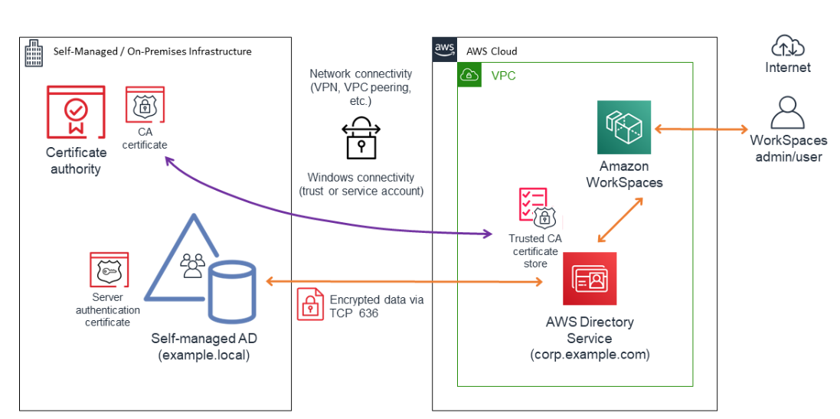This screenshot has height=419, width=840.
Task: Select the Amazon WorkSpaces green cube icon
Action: pyautogui.click(x=624, y=126)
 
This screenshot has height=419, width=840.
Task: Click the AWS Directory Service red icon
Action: pyautogui.click(x=590, y=280)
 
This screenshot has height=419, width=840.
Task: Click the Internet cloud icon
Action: pyautogui.click(x=788, y=47)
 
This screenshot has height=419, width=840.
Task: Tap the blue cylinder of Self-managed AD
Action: pyautogui.click(x=232, y=292)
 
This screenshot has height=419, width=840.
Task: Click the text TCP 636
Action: pyautogui.click(x=354, y=313)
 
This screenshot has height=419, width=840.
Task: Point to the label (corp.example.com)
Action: pyautogui.click(x=590, y=355)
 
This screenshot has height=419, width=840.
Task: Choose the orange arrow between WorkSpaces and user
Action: pyautogui.click(x=699, y=128)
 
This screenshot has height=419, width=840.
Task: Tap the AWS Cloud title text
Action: pyautogui.click(x=492, y=51)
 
